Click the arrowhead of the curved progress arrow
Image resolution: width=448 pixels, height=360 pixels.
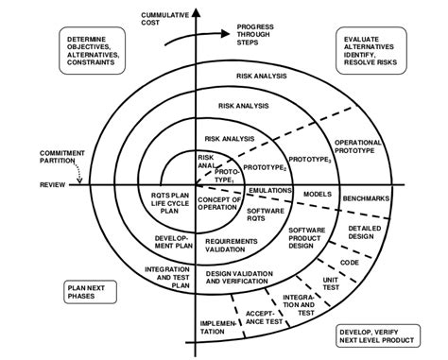pyautogui.click(x=225, y=33)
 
